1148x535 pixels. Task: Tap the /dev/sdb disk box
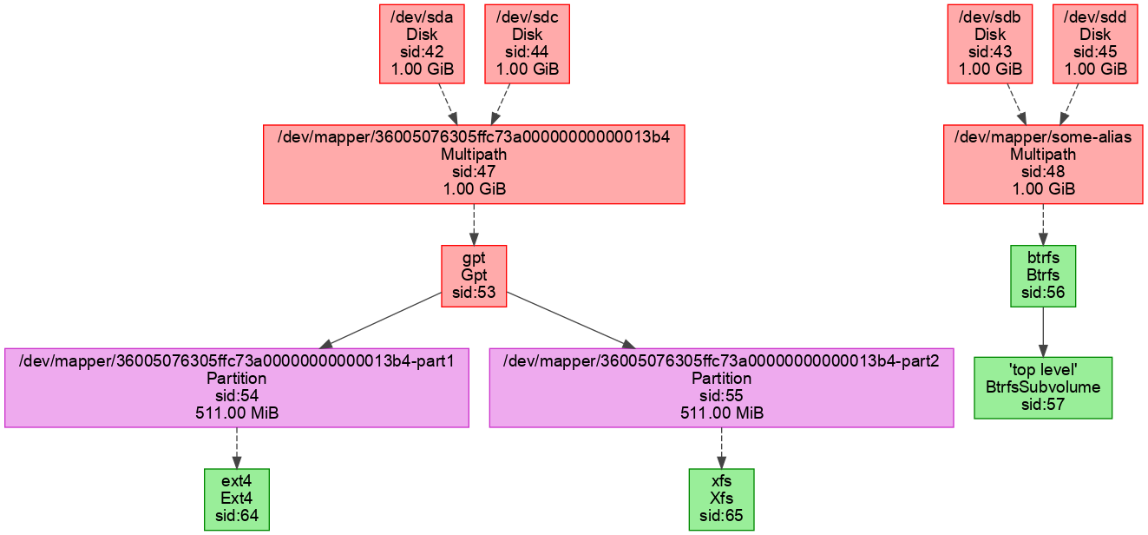[990, 43]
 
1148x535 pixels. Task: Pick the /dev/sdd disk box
[1095, 43]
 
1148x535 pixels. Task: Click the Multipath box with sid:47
[474, 164]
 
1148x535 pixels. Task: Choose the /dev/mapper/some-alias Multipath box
[1042, 164]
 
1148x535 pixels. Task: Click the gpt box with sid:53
[474, 275]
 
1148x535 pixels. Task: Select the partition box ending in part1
[237, 387]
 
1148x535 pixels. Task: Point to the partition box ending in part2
[721, 387]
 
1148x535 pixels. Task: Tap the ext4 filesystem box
[237, 499]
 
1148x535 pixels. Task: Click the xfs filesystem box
[721, 499]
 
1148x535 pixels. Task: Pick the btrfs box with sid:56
[1043, 275]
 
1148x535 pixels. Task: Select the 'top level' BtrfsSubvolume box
[1042, 387]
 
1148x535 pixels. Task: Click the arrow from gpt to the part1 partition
[382, 320]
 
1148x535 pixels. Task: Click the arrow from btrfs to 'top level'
[1042, 331]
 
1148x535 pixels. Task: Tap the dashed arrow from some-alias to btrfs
[1042, 225]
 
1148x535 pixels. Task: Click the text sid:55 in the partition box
[721, 395]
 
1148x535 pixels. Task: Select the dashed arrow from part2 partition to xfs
[721, 448]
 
